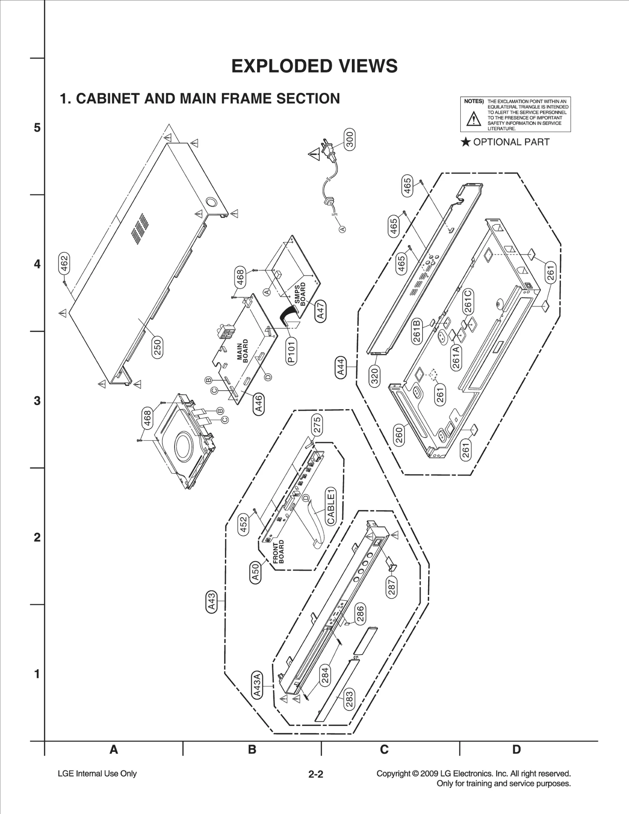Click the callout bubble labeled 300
click(349, 139)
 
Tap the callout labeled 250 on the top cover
click(157, 347)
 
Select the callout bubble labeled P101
click(291, 351)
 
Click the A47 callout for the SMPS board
click(320, 311)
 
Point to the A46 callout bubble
click(258, 404)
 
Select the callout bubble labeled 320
click(374, 376)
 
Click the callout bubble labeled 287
click(392, 588)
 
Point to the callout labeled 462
click(64, 263)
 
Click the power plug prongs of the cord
click(326, 146)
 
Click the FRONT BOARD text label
click(278, 552)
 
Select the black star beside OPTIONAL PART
click(465, 142)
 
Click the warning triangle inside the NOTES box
click(473, 119)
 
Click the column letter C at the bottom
click(384, 750)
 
